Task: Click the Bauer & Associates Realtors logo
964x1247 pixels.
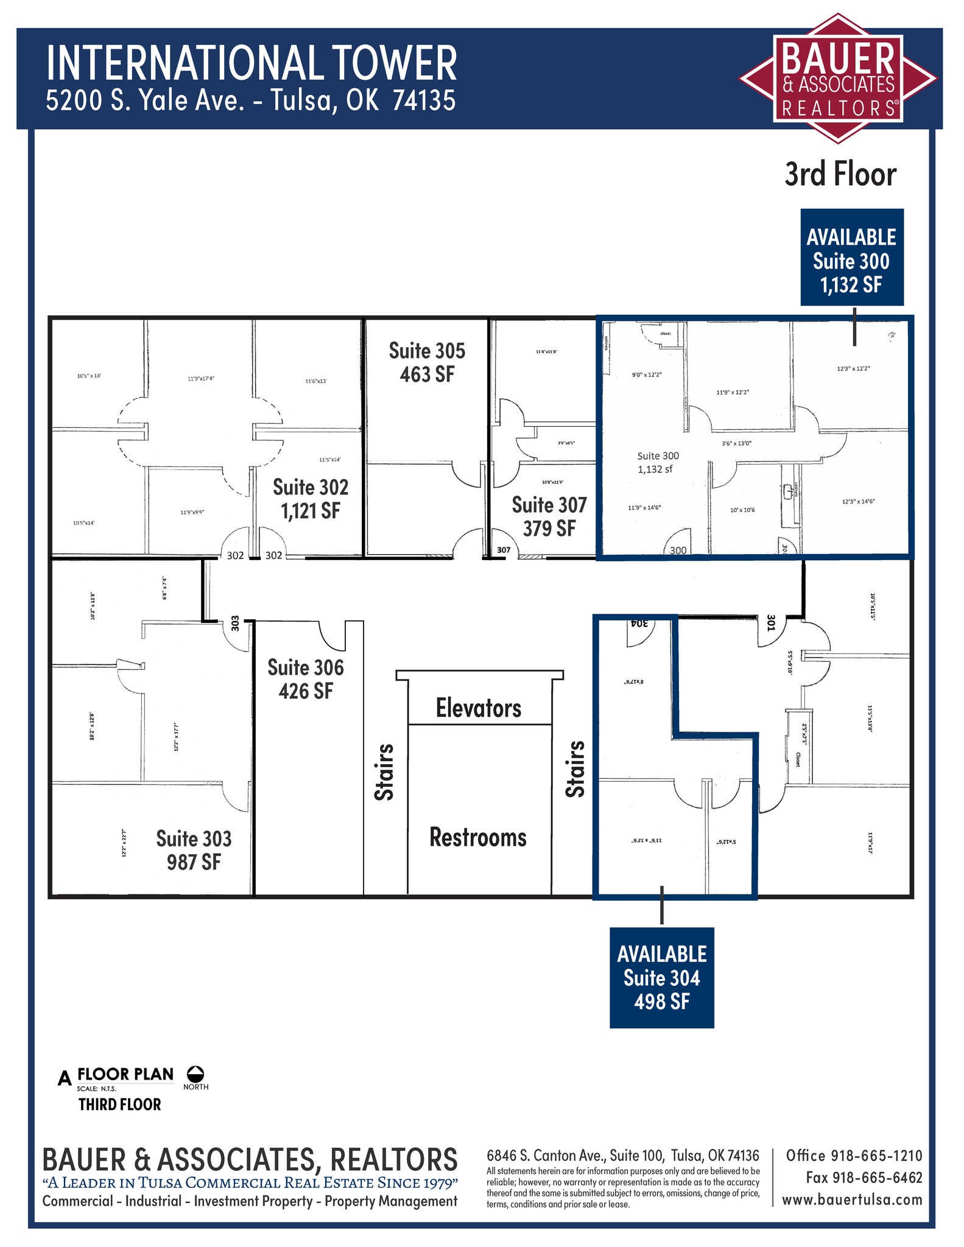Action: [837, 79]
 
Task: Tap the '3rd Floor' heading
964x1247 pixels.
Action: [840, 175]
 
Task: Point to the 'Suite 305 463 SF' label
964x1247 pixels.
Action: [427, 362]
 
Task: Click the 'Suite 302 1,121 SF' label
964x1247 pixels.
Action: [311, 499]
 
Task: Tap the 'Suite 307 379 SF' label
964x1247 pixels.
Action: [549, 516]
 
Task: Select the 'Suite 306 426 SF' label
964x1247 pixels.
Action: [306, 679]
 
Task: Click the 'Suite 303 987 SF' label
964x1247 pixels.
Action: [194, 850]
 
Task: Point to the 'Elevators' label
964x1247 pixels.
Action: [479, 708]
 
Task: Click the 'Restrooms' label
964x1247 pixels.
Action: [478, 837]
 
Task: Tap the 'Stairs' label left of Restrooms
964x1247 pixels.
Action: [384, 771]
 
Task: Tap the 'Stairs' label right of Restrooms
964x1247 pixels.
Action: [575, 769]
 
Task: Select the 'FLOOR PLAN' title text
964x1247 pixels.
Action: [125, 1074]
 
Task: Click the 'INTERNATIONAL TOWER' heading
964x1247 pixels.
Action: [251, 63]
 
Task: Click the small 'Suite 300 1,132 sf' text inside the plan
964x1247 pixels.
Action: [658, 462]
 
